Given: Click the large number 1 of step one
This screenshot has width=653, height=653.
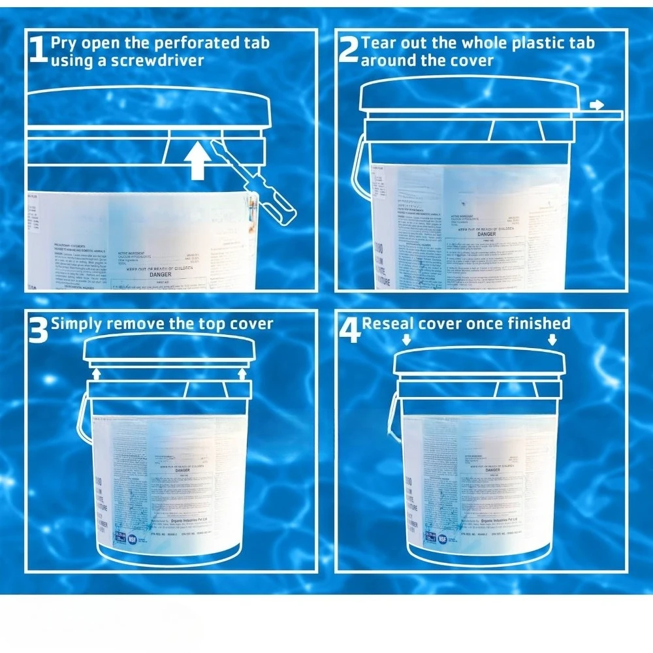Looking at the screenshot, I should [x=39, y=51].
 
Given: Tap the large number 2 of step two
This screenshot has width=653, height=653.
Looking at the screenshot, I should [x=349, y=51].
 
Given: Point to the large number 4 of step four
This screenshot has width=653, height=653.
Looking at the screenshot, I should [x=349, y=330].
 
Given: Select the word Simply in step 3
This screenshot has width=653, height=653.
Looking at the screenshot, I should [x=77, y=323].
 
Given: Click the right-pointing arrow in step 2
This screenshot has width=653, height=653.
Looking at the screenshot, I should [x=596, y=104].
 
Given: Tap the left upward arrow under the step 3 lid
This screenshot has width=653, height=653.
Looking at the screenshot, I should [x=96, y=373].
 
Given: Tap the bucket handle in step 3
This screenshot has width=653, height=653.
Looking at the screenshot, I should [x=83, y=418].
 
